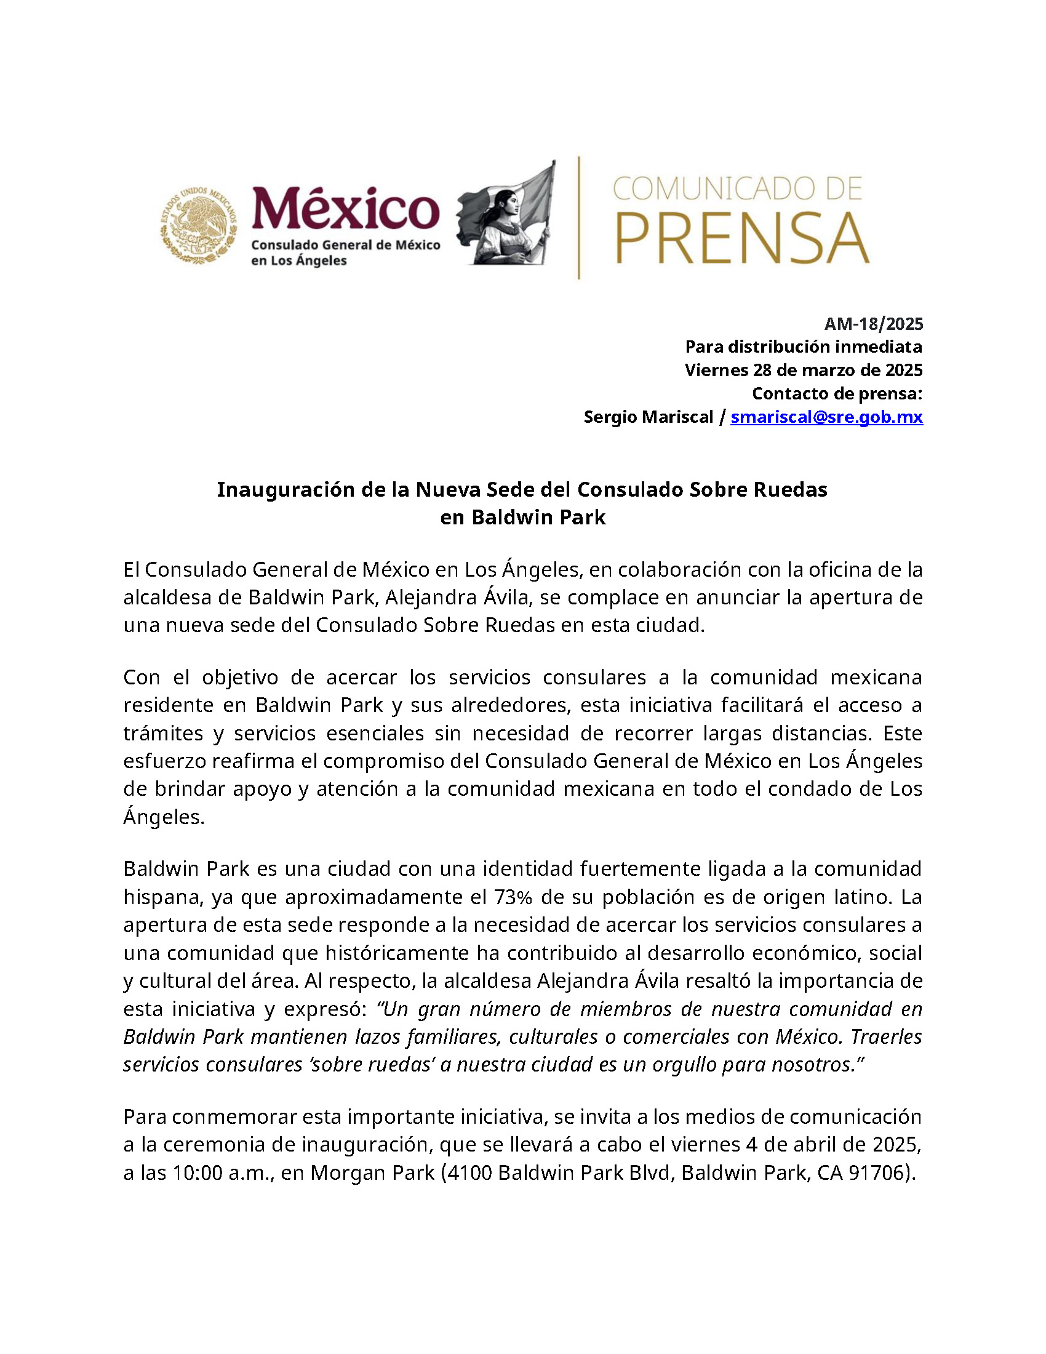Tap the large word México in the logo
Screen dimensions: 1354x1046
coord(345,209)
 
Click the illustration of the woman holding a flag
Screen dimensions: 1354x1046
coord(506,214)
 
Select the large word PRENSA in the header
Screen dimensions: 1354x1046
coord(742,239)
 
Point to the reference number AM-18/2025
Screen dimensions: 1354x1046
coord(873,324)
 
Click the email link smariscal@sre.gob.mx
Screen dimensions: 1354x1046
coord(826,417)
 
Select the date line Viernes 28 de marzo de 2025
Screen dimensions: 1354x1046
coord(803,370)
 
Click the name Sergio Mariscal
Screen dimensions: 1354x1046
coord(648,417)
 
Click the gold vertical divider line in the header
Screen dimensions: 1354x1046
coord(579,218)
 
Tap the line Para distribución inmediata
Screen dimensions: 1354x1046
coord(803,347)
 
